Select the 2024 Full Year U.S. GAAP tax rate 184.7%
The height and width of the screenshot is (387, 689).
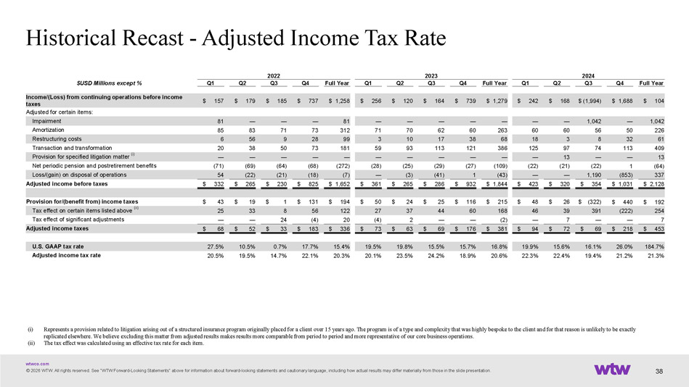point(653,246)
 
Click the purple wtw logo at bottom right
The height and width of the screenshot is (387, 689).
point(616,370)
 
